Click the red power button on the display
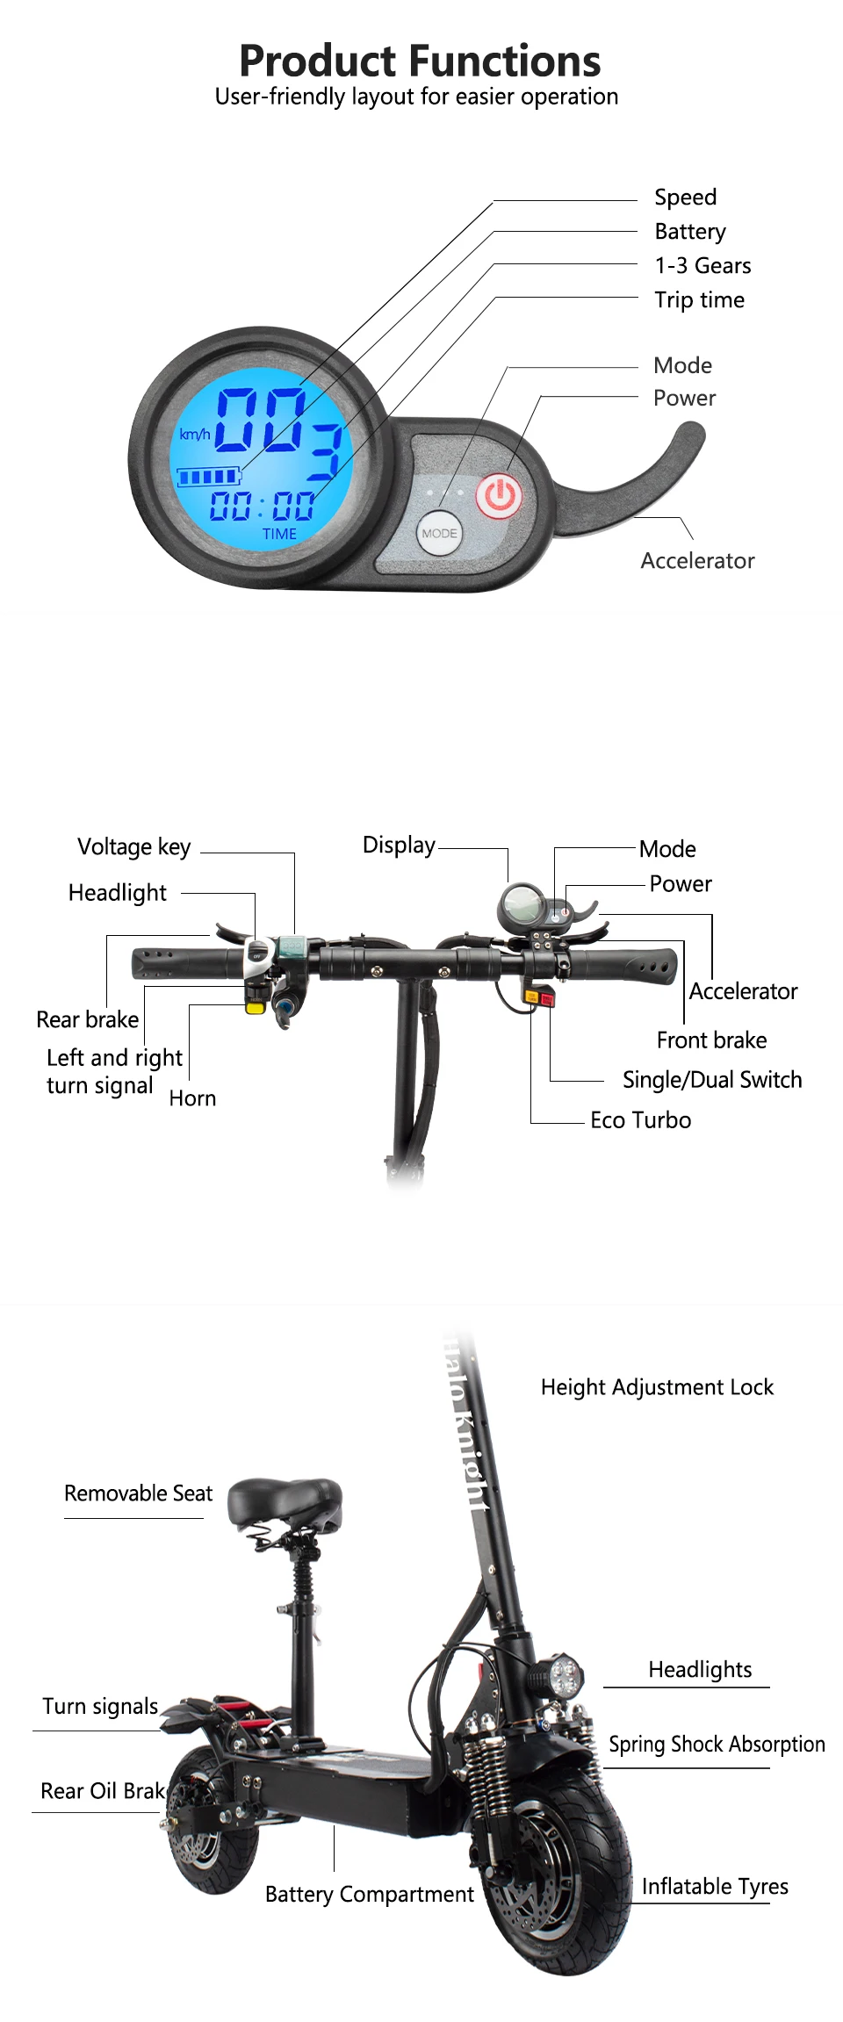(x=499, y=496)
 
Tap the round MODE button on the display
(x=439, y=533)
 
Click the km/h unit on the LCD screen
(x=194, y=435)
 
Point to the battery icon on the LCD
(x=209, y=477)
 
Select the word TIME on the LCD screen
(x=279, y=534)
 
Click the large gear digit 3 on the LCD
(x=325, y=451)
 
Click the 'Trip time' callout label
(x=699, y=300)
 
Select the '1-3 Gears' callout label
(x=702, y=266)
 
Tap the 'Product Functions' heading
(x=420, y=61)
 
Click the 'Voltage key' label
(x=134, y=847)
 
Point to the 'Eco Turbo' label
(x=640, y=1120)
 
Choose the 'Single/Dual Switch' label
(x=711, y=1080)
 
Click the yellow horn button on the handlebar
(x=256, y=1007)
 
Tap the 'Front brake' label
(x=711, y=1040)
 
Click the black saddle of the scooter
(x=285, y=1500)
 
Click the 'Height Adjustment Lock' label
(x=657, y=1387)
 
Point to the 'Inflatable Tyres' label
(x=715, y=1886)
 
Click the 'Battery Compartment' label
(x=369, y=1894)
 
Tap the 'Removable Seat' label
(x=138, y=1493)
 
